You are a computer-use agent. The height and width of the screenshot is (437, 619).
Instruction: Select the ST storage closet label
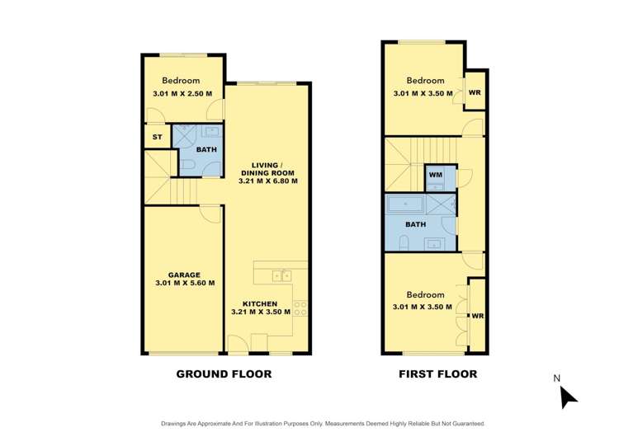coord(156,137)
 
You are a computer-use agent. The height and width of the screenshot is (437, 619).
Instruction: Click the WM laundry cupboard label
coord(435,176)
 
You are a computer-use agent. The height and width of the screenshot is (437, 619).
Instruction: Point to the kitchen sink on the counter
coord(281,275)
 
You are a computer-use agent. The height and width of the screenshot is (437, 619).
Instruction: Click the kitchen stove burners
coord(301,309)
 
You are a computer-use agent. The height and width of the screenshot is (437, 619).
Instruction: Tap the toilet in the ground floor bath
coord(188,167)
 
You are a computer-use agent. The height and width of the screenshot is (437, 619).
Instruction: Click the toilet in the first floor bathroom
coord(404,241)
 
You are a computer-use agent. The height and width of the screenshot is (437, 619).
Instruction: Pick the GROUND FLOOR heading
coord(224,374)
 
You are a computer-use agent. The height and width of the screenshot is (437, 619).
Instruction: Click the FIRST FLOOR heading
coord(437,374)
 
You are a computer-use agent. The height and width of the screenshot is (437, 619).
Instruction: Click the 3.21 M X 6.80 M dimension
coord(267,180)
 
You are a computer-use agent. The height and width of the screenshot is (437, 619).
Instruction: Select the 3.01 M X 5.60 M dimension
coord(185,283)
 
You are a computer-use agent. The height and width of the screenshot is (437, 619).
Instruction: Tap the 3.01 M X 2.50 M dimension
coord(182,93)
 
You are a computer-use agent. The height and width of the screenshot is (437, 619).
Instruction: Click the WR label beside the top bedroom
coord(474,92)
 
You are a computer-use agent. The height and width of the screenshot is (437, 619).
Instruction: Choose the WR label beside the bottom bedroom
coord(476,315)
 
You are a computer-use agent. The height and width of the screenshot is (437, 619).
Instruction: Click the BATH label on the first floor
coord(415,223)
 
